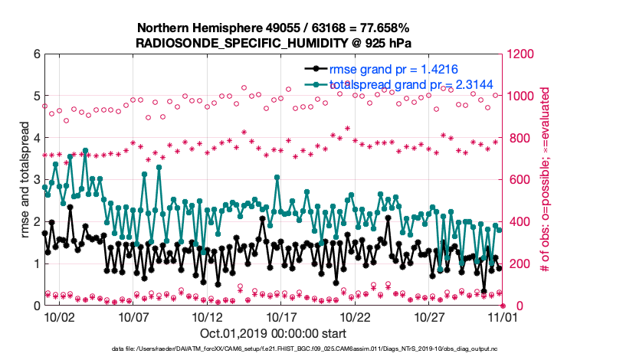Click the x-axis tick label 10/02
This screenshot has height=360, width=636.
59,316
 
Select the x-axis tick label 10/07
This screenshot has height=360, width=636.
133,316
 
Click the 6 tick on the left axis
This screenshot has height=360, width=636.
36,54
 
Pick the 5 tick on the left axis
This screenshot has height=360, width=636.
36,97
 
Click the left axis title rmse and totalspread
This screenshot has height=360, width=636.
25,180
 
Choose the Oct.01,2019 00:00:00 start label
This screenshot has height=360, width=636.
273,333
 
